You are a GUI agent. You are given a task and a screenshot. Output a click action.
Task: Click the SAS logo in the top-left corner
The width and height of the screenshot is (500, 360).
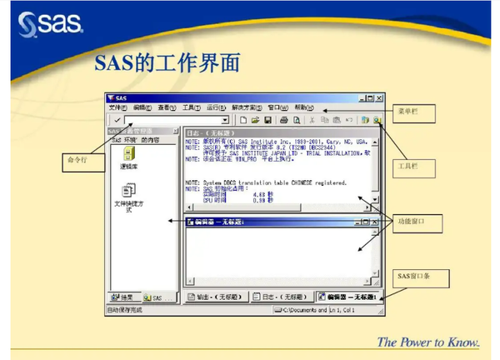(x=50, y=22)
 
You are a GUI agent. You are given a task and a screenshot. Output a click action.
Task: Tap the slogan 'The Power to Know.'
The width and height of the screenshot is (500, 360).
(x=428, y=342)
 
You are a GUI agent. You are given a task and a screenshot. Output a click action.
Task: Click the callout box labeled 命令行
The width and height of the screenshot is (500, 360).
(x=77, y=160)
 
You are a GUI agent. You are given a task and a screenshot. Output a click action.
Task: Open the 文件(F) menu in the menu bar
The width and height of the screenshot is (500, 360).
(x=117, y=107)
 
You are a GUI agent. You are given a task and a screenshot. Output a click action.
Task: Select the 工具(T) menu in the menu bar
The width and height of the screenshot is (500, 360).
(x=191, y=107)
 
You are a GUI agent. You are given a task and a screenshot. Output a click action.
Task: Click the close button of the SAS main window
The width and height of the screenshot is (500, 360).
(x=378, y=97)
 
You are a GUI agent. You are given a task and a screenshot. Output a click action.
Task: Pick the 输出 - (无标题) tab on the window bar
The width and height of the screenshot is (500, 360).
(x=215, y=297)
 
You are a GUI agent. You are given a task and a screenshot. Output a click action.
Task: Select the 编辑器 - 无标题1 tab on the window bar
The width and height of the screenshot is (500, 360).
(x=348, y=297)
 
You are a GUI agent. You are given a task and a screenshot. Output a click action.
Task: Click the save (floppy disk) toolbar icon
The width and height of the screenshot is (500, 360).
(x=268, y=120)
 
